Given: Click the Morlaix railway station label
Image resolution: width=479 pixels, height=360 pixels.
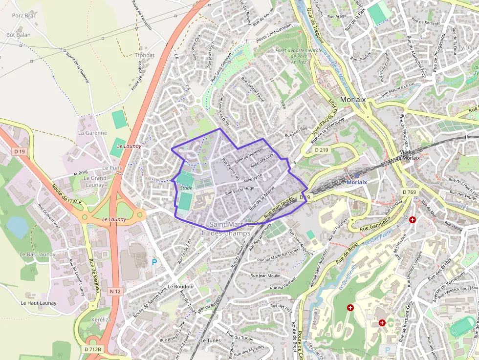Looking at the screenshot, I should tap(356, 182).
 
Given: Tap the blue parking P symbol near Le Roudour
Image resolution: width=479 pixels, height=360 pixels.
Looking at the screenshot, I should tap(154, 262).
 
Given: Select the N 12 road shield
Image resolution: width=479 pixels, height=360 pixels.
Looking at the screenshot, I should tap(115, 291).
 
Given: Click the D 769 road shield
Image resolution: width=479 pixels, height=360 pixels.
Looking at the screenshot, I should tap(410, 192).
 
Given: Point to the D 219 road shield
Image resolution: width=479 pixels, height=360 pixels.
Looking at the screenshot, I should tap(321, 149).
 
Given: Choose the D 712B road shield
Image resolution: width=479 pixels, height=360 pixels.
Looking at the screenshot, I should tap(92, 349).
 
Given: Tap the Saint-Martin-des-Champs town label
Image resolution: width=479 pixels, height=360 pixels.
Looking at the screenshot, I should tap(229, 229).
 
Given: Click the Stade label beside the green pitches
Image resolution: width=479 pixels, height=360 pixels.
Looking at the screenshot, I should tap(186, 188).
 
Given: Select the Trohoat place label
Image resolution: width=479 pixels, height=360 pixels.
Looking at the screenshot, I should tap(145, 55).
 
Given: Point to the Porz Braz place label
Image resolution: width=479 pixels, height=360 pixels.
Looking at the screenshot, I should tap(24, 15).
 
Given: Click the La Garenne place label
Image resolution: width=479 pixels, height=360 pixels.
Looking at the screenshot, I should tap(92, 133).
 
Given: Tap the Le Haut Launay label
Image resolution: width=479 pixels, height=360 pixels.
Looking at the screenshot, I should tap(39, 303).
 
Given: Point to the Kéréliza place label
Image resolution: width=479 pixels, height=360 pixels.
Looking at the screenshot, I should tap(101, 319).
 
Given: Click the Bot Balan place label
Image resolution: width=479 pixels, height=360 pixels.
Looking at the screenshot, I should tap(19, 35).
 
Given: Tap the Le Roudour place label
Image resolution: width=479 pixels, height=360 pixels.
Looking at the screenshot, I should tap(181, 286).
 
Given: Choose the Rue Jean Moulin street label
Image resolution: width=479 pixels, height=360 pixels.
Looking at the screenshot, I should tap(265, 275).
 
